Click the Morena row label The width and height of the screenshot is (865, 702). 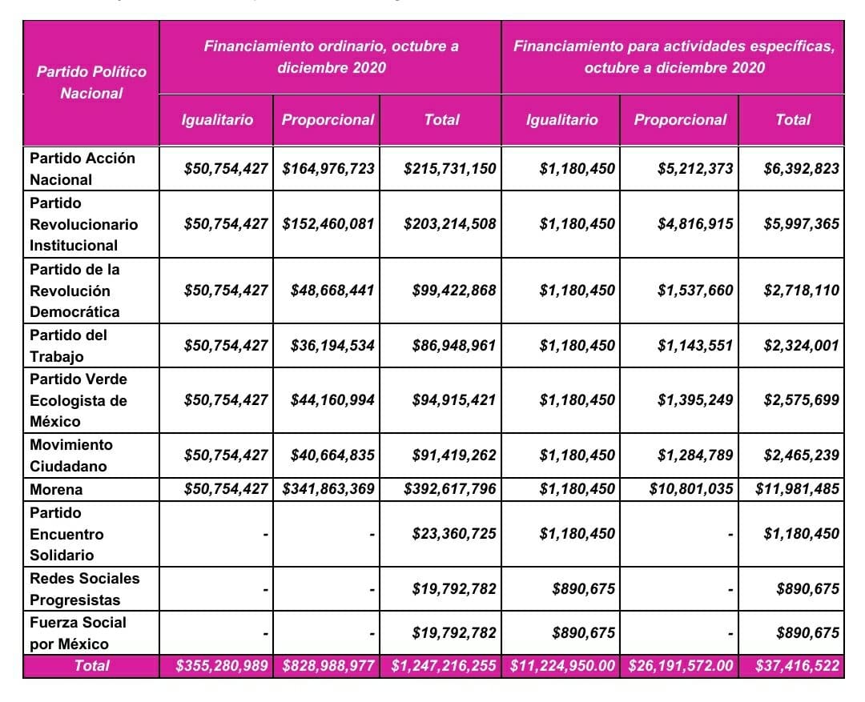click(56, 489)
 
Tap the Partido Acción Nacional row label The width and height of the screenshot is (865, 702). click(82, 169)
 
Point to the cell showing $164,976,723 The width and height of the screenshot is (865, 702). click(328, 169)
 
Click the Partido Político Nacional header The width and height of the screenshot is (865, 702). click(91, 82)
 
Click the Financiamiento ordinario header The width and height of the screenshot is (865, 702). click(331, 57)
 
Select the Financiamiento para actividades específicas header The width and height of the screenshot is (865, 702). click(674, 57)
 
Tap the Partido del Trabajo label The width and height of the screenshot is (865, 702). click(68, 346)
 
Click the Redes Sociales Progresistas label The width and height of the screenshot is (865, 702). click(84, 589)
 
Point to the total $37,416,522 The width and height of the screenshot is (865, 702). click(797, 666)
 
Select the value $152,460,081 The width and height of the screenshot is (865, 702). click(328, 224)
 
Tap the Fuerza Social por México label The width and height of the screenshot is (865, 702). click(78, 633)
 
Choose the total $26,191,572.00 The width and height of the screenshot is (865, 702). click(680, 666)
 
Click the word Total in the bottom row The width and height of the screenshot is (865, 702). click(91, 666)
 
